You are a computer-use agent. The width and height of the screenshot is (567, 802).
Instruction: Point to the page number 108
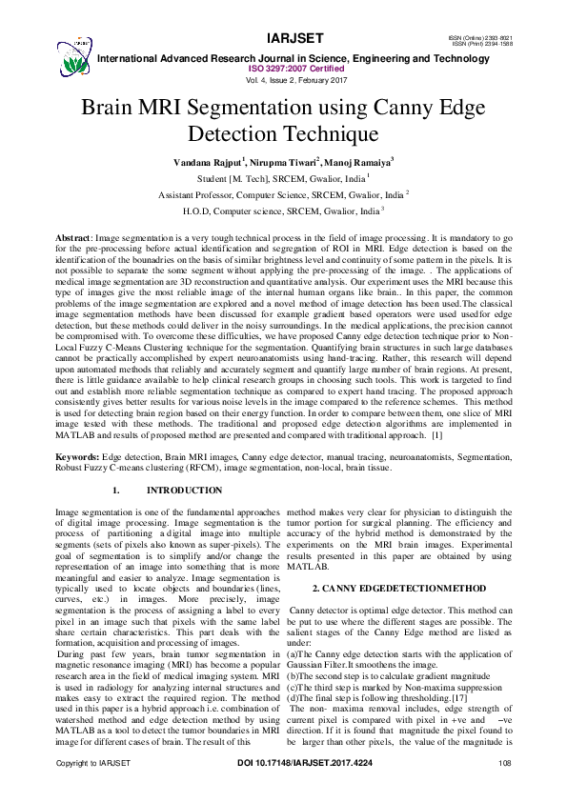pyautogui.click(x=505, y=790)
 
